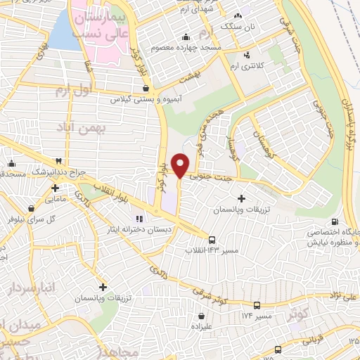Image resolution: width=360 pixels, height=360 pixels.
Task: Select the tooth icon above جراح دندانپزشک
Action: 68,161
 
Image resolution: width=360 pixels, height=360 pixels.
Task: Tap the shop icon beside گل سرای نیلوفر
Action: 32,208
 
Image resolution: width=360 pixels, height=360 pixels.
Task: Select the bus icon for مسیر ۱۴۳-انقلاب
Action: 212,238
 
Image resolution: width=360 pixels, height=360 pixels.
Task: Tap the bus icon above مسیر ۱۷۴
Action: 257,305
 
